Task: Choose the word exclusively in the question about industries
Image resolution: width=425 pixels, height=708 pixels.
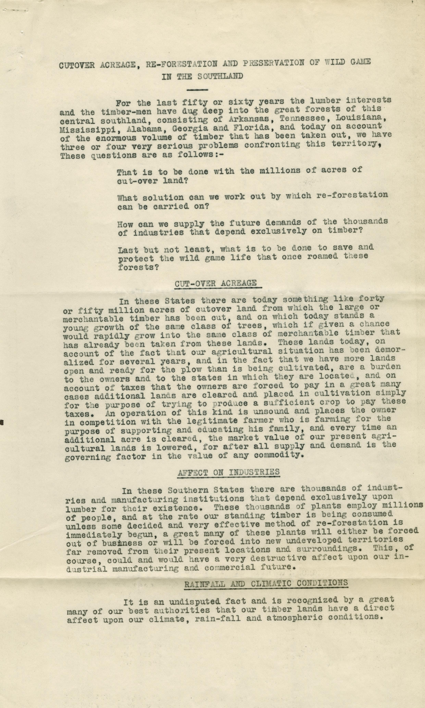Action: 278,231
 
